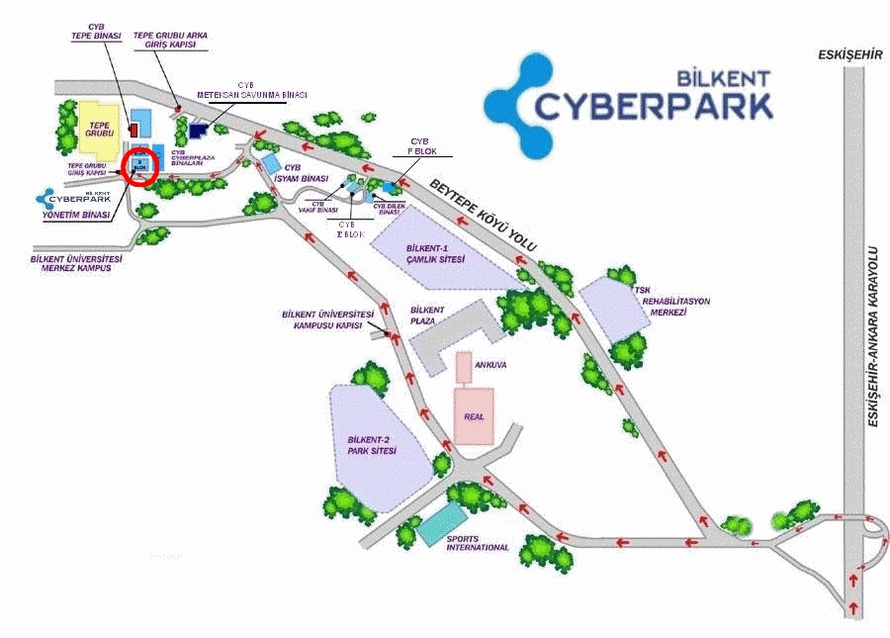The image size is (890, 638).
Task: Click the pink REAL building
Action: [x=474, y=414]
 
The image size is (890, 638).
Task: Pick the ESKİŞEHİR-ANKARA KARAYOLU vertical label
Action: [x=873, y=337]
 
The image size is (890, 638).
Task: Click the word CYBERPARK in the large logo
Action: [x=654, y=105]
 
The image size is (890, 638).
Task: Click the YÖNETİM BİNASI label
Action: [x=75, y=215]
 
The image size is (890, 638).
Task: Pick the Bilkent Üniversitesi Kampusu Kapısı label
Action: [x=327, y=319]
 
